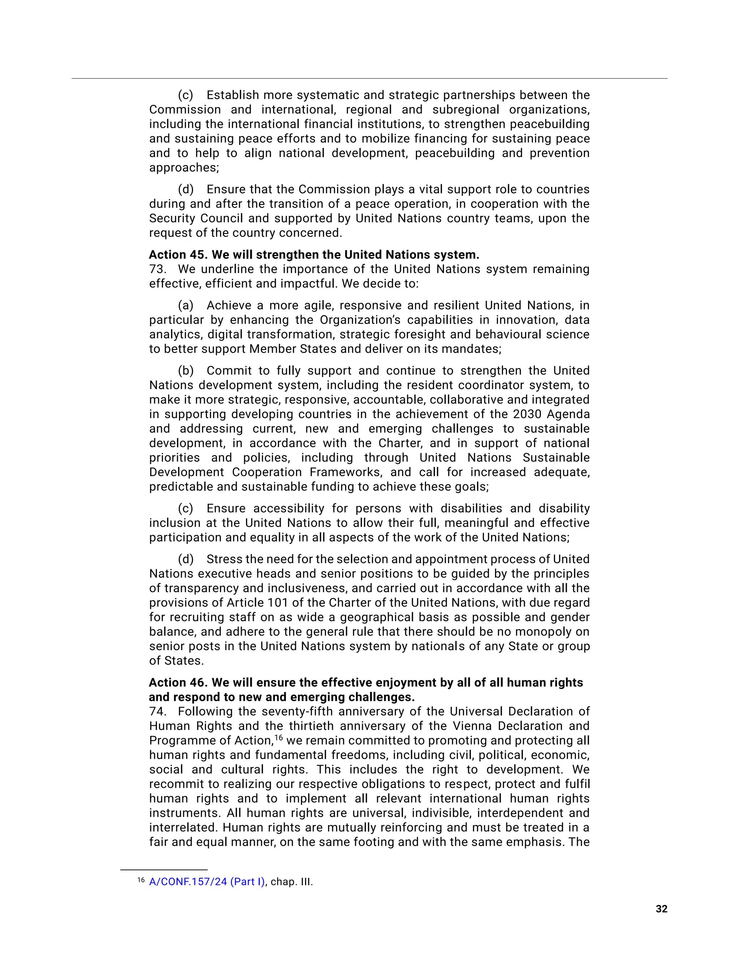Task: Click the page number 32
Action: tap(661, 909)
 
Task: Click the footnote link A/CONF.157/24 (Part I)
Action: tap(207, 882)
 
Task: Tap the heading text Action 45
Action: tap(176, 255)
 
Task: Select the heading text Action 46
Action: tap(176, 683)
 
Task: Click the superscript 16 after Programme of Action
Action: tap(279, 737)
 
